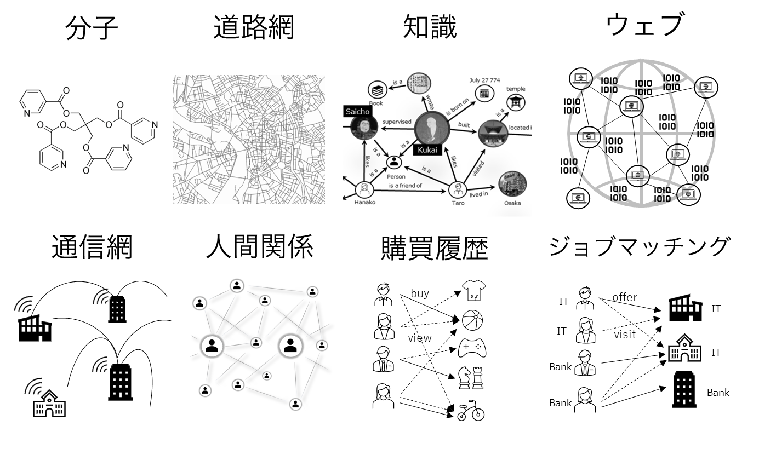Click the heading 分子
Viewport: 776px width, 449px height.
pos(92,27)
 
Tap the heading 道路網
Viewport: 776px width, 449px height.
pos(253,27)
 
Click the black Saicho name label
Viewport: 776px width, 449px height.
pos(358,112)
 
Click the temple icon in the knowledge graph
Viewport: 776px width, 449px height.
pos(515,102)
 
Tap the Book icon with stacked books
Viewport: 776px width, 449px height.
pos(378,89)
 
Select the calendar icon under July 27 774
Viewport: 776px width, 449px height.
pos(484,93)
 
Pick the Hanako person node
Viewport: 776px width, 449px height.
pos(364,190)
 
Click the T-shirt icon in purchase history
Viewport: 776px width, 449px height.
pos(475,291)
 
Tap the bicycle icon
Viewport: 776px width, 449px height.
pos(471,411)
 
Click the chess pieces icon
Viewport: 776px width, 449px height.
pos(471,378)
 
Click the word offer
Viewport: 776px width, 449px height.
pos(625,297)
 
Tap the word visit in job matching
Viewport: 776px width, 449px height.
pos(625,333)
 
